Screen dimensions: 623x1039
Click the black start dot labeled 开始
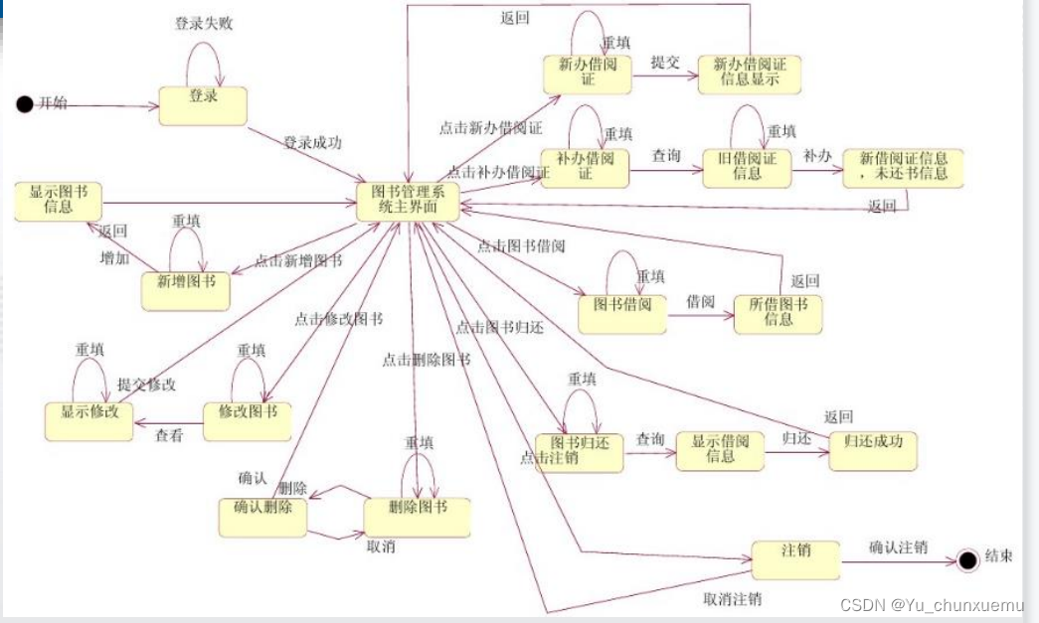pos(26,104)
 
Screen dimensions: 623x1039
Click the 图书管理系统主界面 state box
pos(408,201)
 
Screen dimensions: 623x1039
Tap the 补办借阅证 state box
pos(586,167)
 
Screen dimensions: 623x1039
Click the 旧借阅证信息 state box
pos(747,167)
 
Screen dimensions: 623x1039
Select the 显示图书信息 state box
pos(59,201)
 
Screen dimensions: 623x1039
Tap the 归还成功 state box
pos(872,450)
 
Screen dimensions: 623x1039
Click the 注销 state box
pos(795,559)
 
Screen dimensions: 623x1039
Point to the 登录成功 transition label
pos(312,143)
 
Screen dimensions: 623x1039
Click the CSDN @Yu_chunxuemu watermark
pos(932,605)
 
